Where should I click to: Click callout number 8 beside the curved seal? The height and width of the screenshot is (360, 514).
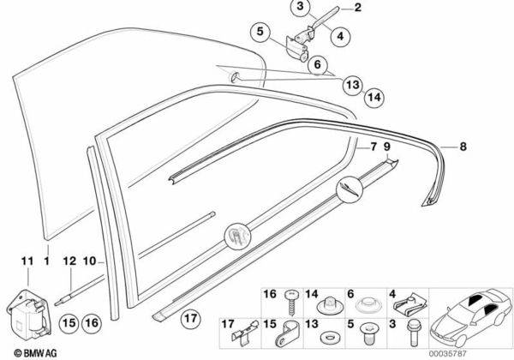tap(463, 147)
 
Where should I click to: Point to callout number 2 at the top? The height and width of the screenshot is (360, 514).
tap(358, 9)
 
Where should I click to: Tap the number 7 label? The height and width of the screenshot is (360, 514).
tap(374, 147)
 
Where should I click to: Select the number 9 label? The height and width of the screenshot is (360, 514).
tap(389, 147)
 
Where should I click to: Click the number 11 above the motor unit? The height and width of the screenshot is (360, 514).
tap(26, 260)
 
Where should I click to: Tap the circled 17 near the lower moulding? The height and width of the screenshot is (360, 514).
tap(190, 322)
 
